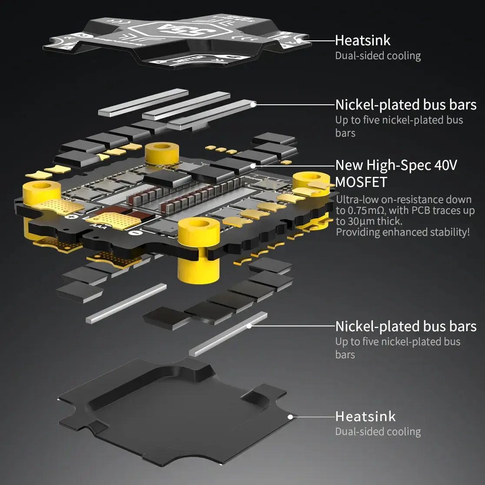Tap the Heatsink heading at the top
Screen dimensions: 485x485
(x=362, y=40)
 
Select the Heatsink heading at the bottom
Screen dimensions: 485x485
(x=365, y=416)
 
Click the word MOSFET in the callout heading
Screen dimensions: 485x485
(x=361, y=182)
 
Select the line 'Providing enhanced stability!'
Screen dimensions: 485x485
(x=402, y=232)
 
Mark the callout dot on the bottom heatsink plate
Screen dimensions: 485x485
(x=290, y=416)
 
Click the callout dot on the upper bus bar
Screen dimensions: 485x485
(x=253, y=104)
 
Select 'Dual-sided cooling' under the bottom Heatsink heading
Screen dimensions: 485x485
(x=378, y=432)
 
